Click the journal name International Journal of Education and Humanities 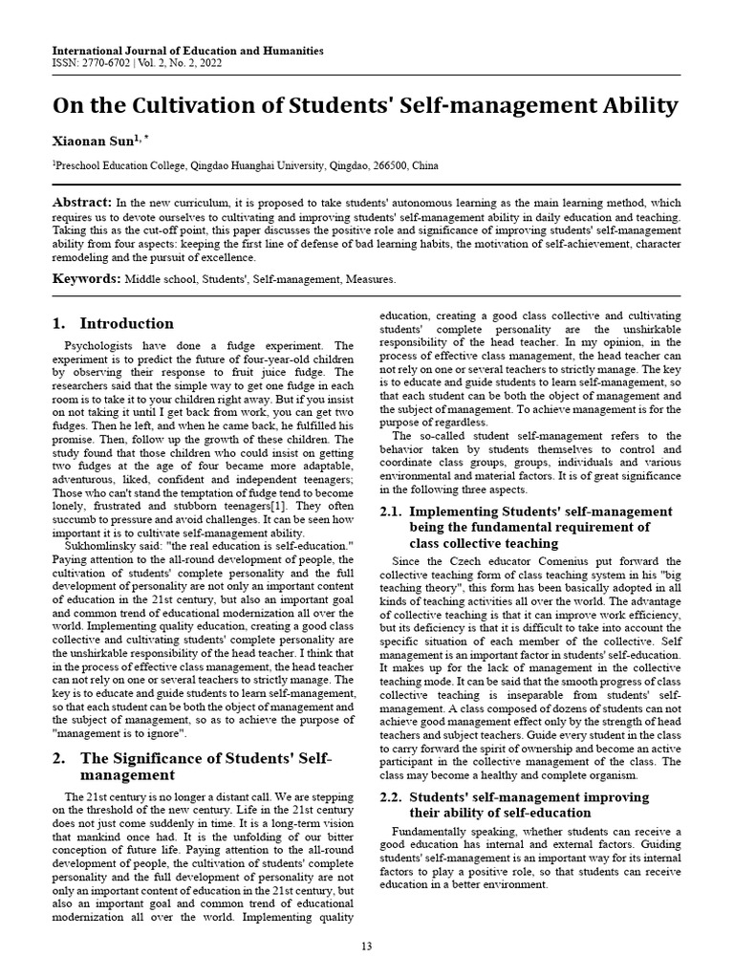[x=187, y=50]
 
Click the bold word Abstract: [x=81, y=204]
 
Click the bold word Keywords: [x=85, y=279]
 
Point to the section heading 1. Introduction [x=113, y=323]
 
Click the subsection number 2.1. [x=393, y=511]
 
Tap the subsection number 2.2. [x=393, y=796]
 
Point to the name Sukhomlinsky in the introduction [x=96, y=545]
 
